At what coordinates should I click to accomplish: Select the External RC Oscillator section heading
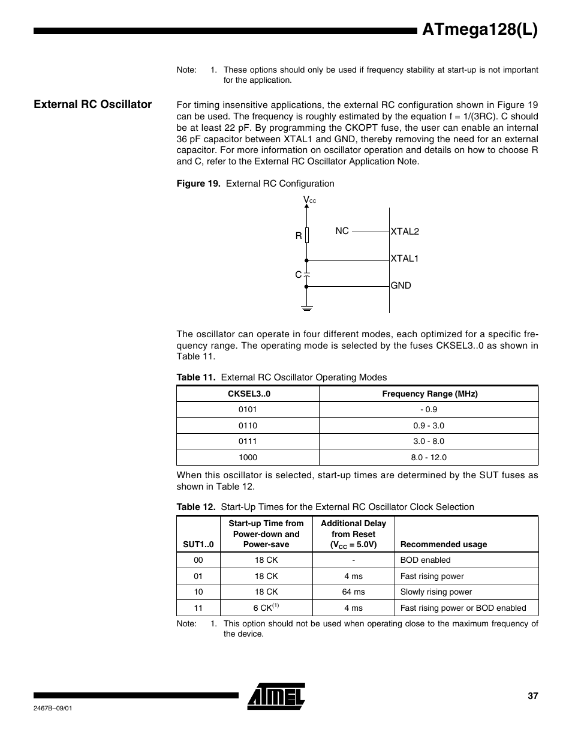click(93, 104)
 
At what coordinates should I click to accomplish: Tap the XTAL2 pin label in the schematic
click(405, 232)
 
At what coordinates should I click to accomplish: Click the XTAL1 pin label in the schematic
click(405, 259)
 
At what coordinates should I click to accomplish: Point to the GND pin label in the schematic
click(401, 286)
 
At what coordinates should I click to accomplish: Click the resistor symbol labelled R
click(307, 235)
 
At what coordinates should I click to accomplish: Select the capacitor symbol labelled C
click(306, 274)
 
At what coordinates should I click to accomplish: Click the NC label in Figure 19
click(342, 231)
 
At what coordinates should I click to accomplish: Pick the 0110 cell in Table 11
click(248, 425)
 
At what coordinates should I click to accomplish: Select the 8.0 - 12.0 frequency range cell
click(429, 457)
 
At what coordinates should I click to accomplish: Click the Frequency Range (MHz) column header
click(429, 394)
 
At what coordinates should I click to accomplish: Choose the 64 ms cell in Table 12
click(353, 592)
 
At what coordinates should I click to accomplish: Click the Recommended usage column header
click(444, 544)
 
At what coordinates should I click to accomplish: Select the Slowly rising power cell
click(436, 592)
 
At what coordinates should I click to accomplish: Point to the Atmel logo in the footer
click(276, 696)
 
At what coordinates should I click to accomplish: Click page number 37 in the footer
click(533, 696)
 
